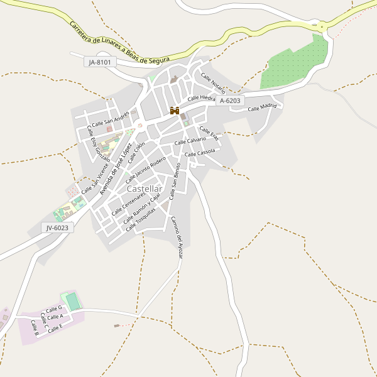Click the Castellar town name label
(144, 188)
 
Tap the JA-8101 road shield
(100, 62)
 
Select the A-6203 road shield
(230, 101)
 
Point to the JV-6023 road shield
(58, 227)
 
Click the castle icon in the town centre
(174, 111)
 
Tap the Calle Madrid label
(262, 107)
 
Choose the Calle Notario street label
(213, 82)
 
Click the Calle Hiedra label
(202, 98)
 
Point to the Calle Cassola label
(200, 153)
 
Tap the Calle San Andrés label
(110, 119)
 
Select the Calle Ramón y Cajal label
(142, 209)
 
